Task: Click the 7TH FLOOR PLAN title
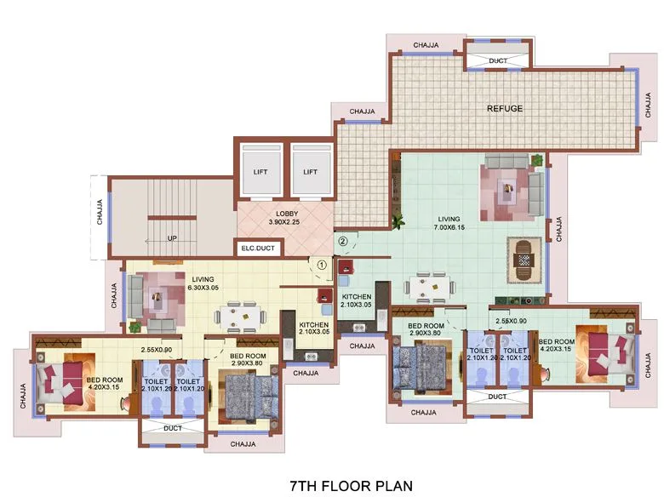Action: point(351,485)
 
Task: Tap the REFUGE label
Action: point(504,108)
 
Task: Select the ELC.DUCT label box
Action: point(259,249)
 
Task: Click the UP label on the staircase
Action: point(172,238)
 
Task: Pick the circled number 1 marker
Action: point(321,265)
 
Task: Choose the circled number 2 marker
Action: point(342,241)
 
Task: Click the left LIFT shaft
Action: point(260,172)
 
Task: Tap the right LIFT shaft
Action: point(310,172)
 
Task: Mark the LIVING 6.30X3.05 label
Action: point(203,283)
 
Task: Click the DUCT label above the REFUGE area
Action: point(498,60)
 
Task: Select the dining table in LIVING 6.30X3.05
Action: point(238,317)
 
